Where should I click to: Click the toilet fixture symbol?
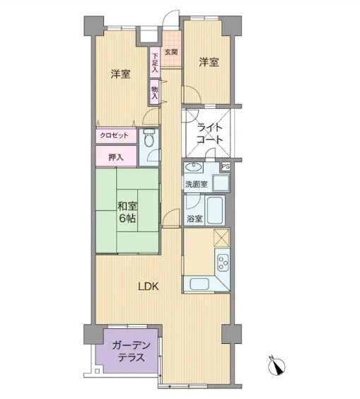coord(149,138)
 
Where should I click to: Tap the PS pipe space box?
coord(226,167)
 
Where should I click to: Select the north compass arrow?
coord(277,366)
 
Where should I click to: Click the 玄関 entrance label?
coord(171,52)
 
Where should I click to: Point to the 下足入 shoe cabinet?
coord(155,62)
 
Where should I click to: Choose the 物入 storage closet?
coord(155,93)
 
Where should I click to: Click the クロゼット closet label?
coord(114,135)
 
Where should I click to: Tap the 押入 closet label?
coord(116,158)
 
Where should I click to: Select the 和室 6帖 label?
coord(128,212)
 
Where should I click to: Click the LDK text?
coord(149,287)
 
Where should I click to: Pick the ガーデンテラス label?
coord(132,352)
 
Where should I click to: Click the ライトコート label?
coord(210,133)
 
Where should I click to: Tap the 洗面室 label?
coord(196,184)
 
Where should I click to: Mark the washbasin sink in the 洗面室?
coord(194,167)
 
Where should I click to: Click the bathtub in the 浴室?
coord(215,210)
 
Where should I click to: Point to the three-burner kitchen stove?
coord(223,262)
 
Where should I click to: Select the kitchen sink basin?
coord(199,283)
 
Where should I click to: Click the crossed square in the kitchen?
coord(221,238)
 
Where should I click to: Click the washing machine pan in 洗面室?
coord(221,183)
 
